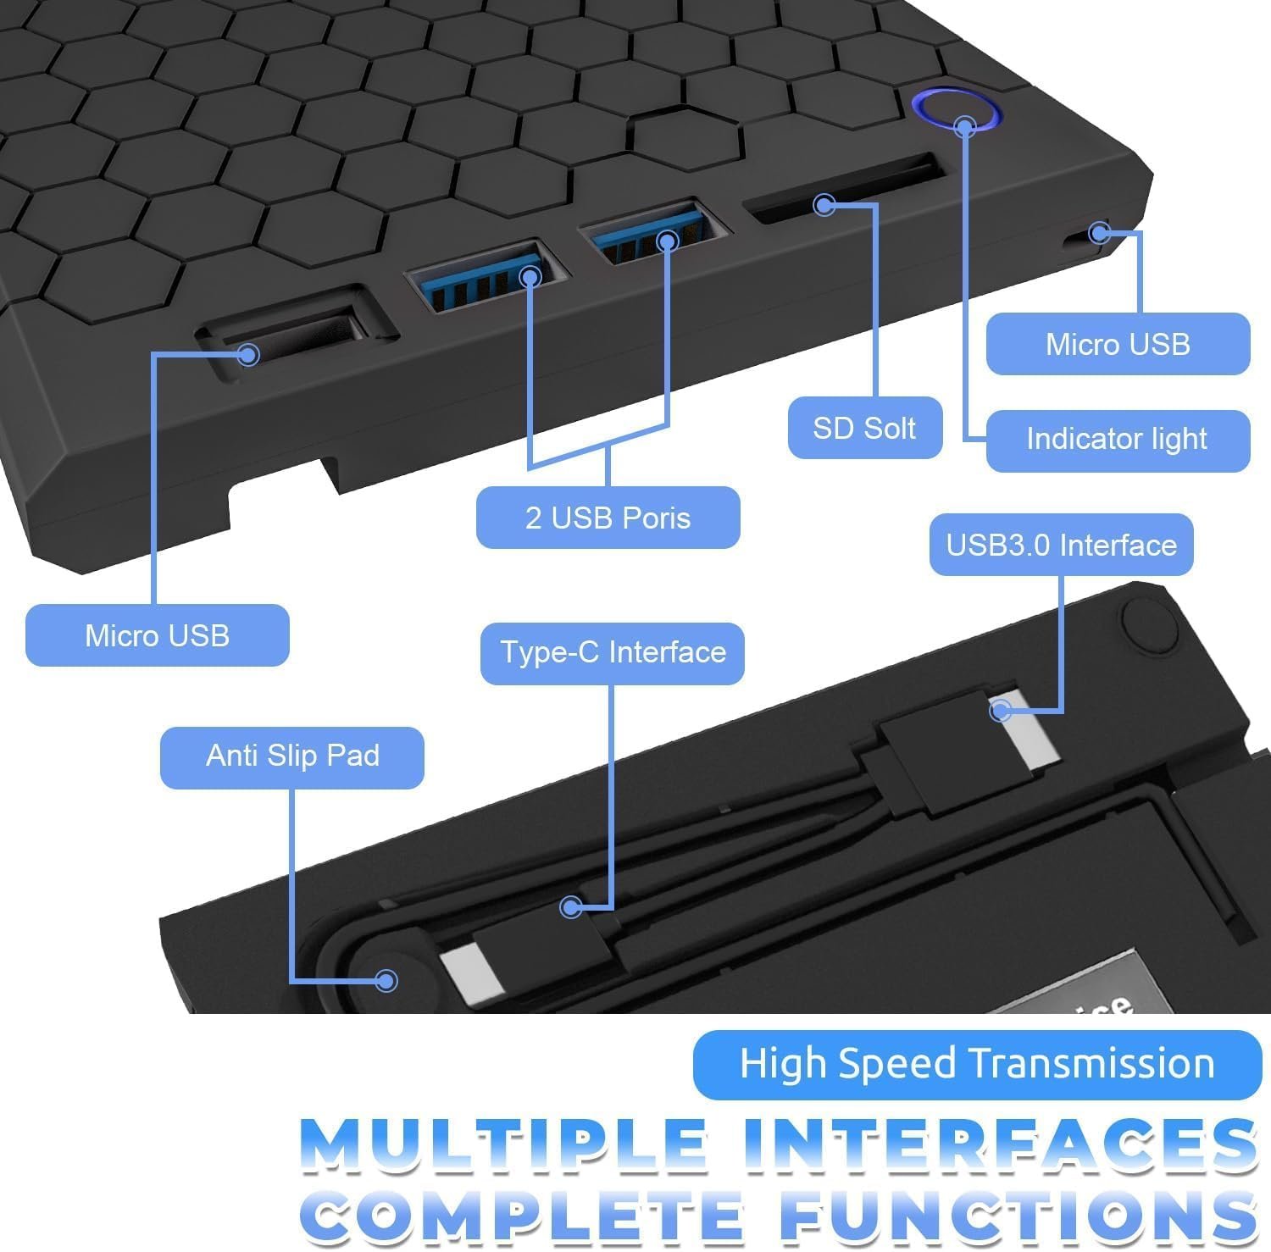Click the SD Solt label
pyautogui.click(x=865, y=428)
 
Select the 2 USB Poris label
pyautogui.click(x=608, y=518)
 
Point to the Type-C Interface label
pyautogui.click(x=613, y=653)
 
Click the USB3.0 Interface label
pyautogui.click(x=1062, y=545)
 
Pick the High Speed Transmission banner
pyautogui.click(x=977, y=1064)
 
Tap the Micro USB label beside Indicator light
pyautogui.click(x=1118, y=344)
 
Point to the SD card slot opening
pyautogui.click(x=845, y=189)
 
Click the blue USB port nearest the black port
pyautogui.click(x=485, y=276)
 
